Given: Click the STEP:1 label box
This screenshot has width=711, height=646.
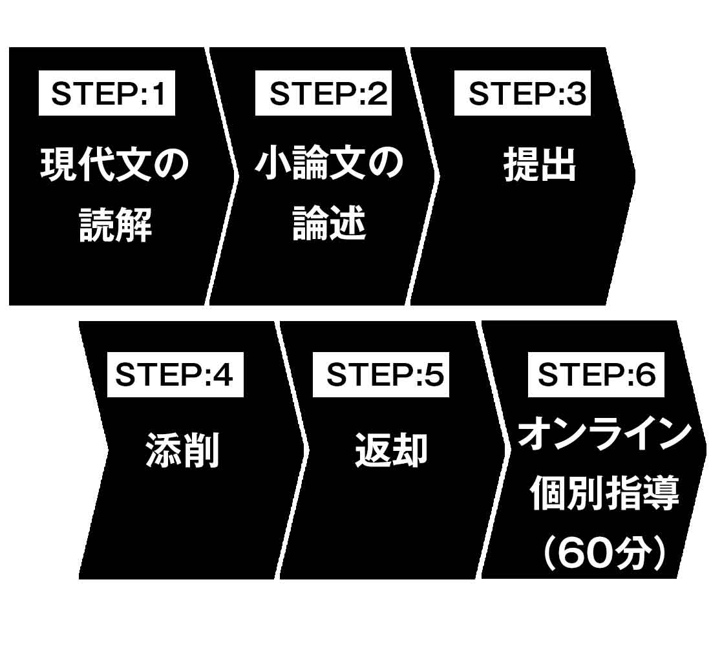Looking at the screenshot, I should (107, 95).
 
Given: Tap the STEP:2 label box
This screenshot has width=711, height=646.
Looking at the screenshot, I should (323, 95).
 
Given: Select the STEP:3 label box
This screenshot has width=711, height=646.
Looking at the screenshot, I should (522, 95).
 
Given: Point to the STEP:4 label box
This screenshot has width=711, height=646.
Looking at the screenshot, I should (175, 377).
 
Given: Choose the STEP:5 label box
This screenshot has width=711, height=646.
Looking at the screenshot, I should (381, 377).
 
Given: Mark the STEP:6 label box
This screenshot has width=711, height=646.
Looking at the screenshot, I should (596, 377).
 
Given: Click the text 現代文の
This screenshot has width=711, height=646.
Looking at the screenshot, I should (115, 166).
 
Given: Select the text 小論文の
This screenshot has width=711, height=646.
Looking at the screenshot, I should (329, 166).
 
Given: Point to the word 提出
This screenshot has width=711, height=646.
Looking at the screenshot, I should (540, 166).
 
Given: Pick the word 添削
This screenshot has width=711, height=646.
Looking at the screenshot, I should (183, 450).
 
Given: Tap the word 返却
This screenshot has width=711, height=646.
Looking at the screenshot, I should (390, 450).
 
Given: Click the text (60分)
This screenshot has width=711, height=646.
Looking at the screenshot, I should (604, 554).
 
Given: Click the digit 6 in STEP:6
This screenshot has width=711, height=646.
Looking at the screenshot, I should (646, 377).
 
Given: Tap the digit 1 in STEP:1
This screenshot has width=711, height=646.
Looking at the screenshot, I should (158, 95).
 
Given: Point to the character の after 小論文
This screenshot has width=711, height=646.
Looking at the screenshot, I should (385, 166).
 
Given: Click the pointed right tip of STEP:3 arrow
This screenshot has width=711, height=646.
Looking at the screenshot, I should (634, 174).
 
